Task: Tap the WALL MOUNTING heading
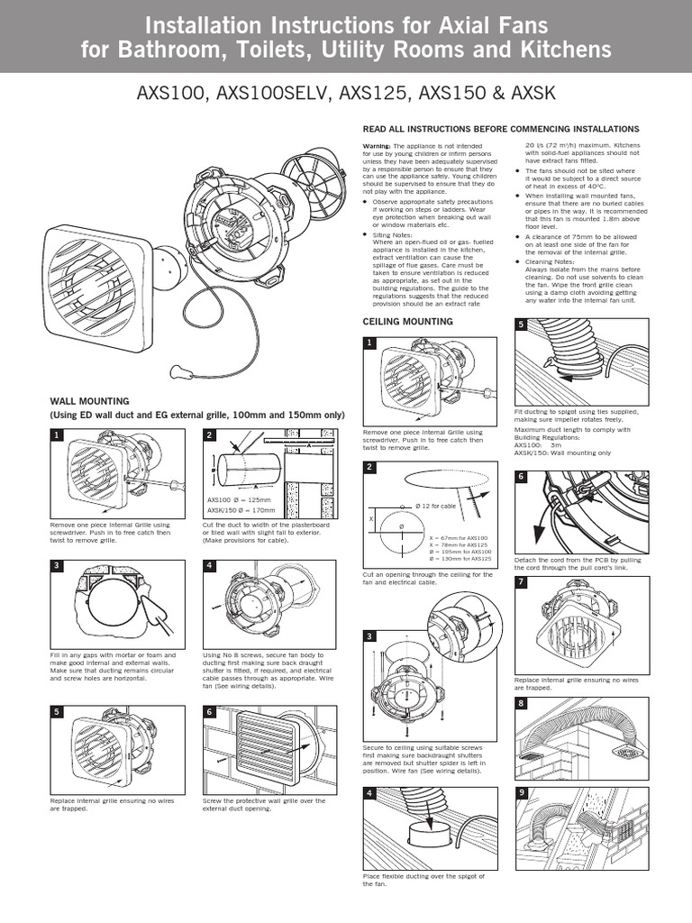[89, 400]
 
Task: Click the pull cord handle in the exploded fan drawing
[177, 370]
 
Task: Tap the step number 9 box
[521, 794]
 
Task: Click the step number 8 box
[521, 702]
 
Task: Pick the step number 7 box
[521, 581]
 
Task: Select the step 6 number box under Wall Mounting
[210, 711]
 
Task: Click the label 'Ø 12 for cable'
[436, 506]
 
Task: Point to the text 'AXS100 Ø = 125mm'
[238, 499]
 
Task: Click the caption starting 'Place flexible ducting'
[423, 879]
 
